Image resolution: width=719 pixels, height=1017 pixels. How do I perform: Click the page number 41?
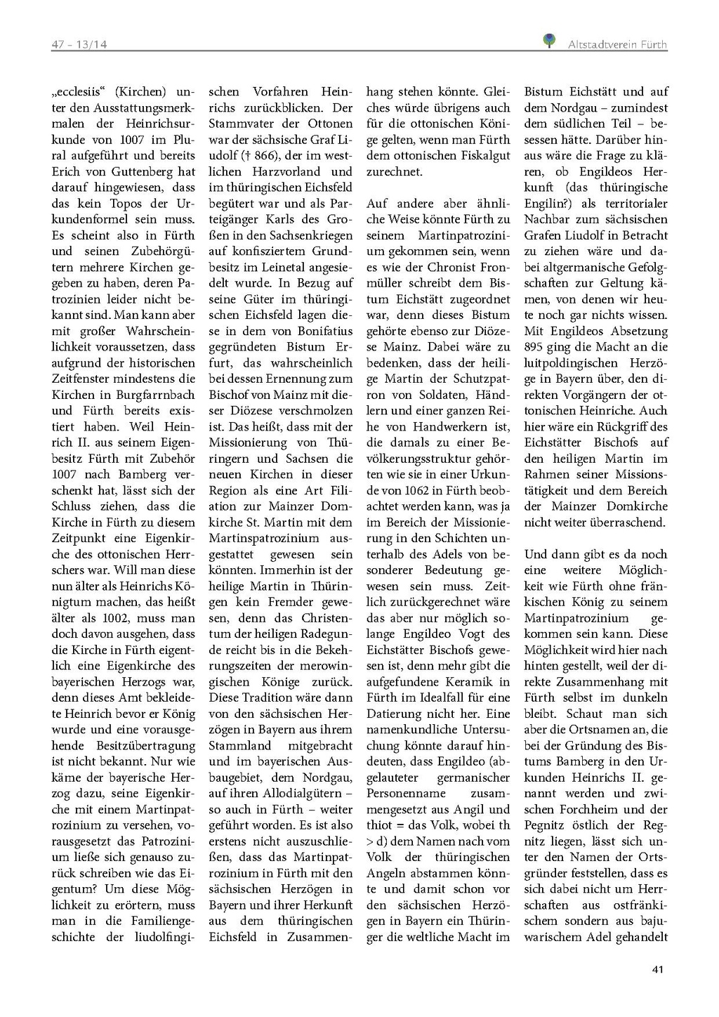657,969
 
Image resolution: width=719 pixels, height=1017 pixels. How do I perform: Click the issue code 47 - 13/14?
79,45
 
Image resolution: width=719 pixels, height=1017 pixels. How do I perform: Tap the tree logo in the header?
550,41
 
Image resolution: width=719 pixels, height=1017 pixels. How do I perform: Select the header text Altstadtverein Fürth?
617,45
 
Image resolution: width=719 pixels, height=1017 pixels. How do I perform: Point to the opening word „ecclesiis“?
78,92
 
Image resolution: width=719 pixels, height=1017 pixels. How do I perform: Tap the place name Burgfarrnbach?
155,395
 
